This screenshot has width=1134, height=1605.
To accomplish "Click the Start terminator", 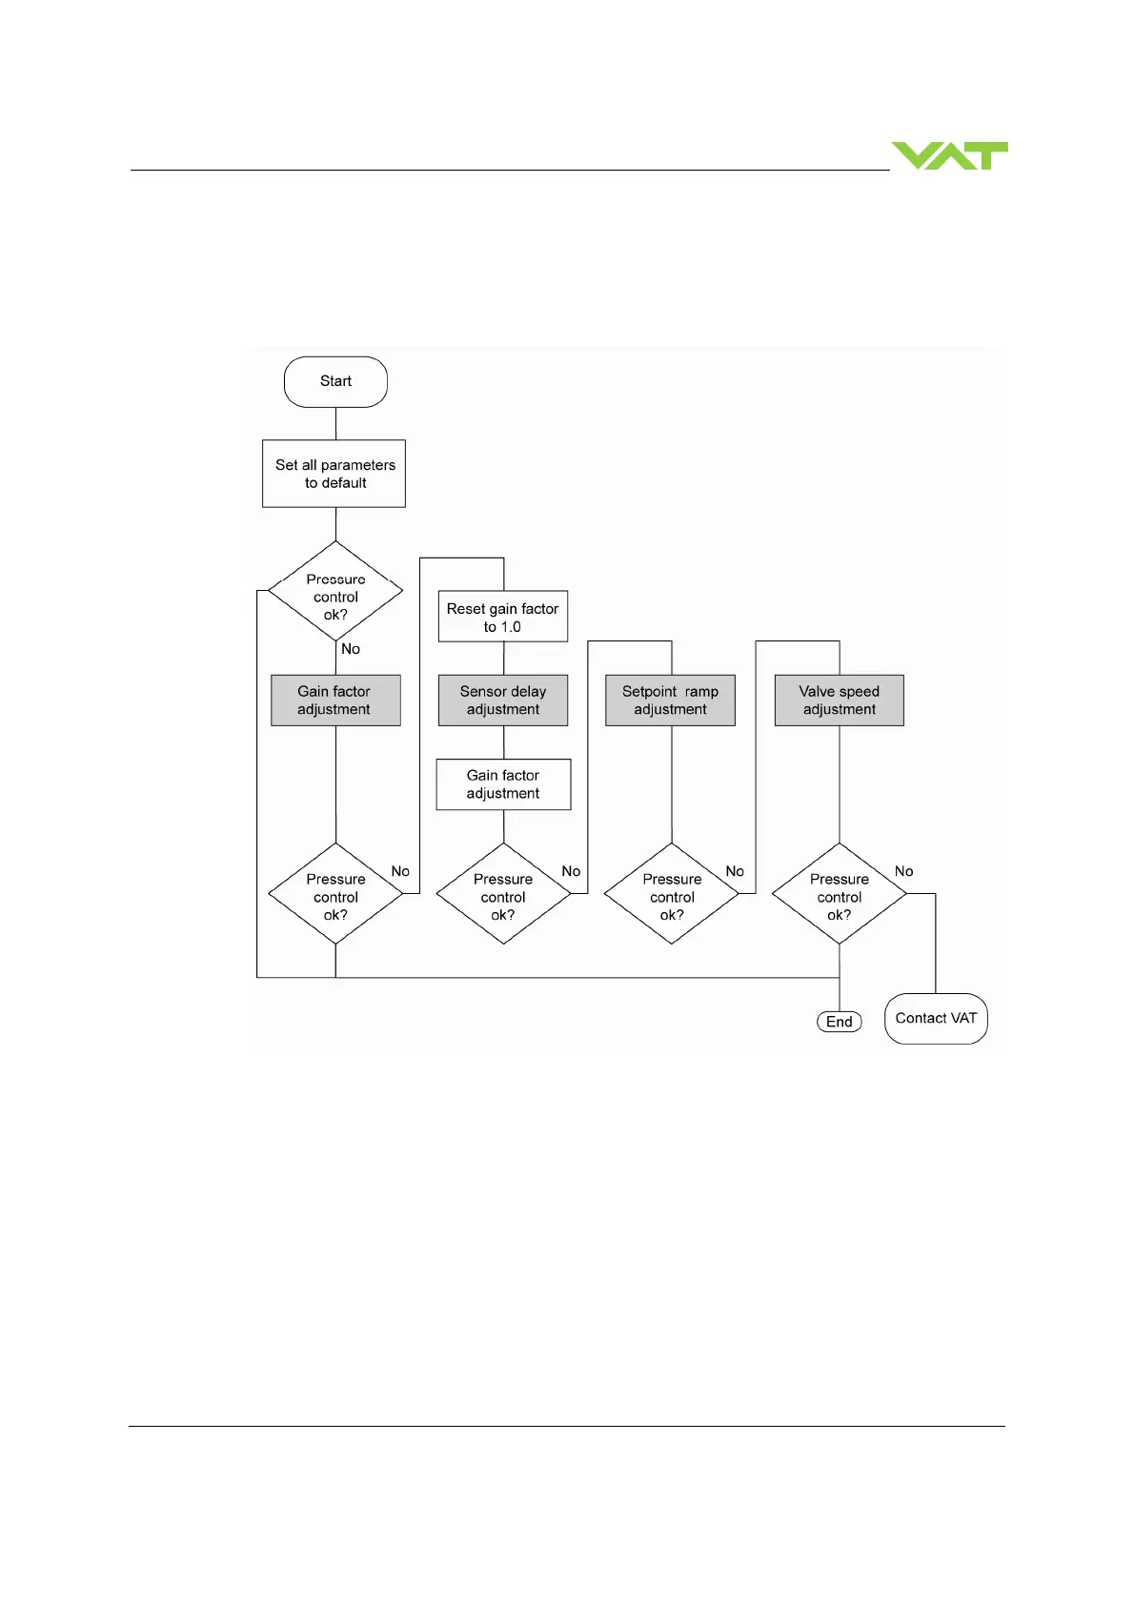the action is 335,381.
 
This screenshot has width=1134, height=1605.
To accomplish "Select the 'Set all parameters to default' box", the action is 334,474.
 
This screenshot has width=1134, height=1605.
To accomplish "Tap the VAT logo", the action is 949,155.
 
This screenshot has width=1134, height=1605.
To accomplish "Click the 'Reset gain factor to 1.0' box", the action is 503,617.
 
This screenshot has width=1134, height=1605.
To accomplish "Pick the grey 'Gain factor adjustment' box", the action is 335,701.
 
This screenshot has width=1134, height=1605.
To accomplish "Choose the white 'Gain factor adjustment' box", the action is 503,784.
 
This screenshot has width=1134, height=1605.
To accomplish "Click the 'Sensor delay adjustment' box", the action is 503,701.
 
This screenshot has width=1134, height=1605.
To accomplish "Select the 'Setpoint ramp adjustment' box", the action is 671,701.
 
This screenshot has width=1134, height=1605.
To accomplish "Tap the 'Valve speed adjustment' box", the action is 840,701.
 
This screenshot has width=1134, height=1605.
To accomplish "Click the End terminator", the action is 840,1022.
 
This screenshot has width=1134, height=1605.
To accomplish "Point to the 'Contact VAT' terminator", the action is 936,1019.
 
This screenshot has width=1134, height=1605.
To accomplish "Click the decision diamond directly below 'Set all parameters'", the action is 335,592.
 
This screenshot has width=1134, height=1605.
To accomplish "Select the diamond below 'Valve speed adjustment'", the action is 840,894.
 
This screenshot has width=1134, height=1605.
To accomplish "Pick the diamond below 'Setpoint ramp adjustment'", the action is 672,894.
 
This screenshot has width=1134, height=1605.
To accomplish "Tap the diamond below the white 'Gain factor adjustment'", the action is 503,894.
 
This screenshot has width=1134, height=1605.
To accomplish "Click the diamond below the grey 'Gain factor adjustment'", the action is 335,894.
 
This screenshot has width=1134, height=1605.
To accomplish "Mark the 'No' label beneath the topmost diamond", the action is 351,649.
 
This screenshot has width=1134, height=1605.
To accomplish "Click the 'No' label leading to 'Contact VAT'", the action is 903,871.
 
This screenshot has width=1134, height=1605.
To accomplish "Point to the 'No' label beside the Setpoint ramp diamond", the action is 735,871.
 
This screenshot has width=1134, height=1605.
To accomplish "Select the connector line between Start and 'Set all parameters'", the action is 336,423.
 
